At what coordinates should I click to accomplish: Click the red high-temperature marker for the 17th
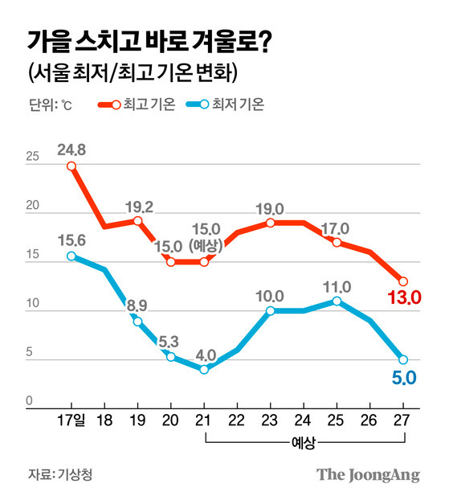[71, 166]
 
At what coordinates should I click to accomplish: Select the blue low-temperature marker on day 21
[204, 370]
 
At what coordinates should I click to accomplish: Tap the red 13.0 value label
[404, 297]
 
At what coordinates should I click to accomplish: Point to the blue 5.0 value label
[404, 378]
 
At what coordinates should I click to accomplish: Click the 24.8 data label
[71, 150]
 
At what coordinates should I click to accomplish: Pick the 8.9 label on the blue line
[137, 305]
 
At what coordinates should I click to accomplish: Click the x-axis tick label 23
[270, 420]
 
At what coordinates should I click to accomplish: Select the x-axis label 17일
[71, 420]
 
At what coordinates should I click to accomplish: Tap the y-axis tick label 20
[32, 205]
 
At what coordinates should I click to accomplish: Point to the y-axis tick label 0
[29, 400]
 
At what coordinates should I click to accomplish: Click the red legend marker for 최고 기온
[109, 105]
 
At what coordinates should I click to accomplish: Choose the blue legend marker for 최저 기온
[198, 105]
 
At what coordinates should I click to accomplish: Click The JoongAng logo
[368, 475]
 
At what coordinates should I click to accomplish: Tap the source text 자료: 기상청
[60, 474]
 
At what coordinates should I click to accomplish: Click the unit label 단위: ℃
[51, 105]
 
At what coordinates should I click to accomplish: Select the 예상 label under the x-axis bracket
[303, 443]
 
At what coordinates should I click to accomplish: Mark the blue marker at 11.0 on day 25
[337, 301]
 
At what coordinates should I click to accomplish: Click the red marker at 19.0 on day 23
[270, 223]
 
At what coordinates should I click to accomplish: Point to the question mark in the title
[265, 42]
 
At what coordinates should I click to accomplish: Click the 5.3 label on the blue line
[169, 342]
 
